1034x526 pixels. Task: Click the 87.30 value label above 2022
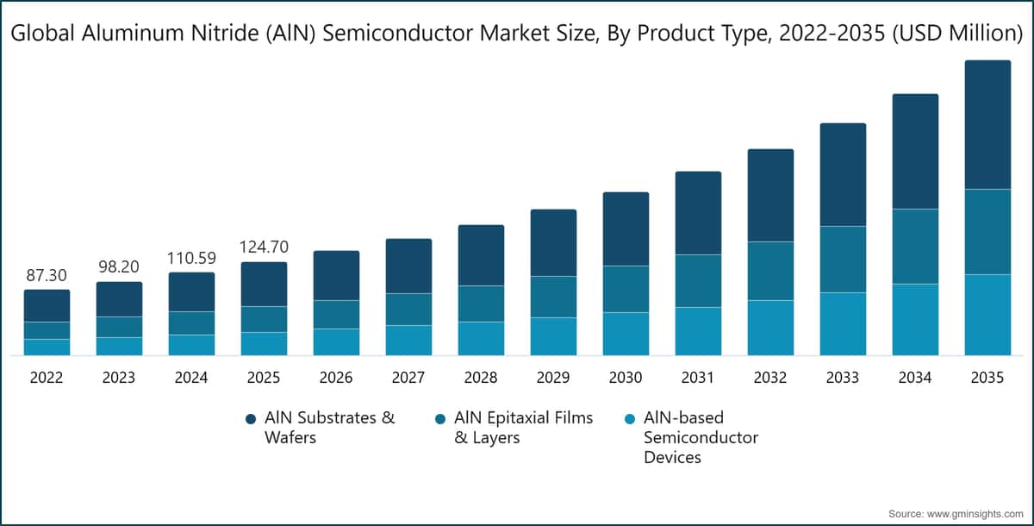pyautogui.click(x=47, y=275)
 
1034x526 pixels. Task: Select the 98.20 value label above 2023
pyautogui.click(x=119, y=266)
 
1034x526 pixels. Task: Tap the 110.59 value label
pyautogui.click(x=191, y=257)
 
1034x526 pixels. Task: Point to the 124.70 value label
pyautogui.click(x=264, y=247)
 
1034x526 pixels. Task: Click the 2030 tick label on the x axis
pyautogui.click(x=626, y=378)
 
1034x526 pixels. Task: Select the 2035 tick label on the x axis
pyautogui.click(x=987, y=378)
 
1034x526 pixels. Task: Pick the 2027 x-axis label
pyautogui.click(x=408, y=378)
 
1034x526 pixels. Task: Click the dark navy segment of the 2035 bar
pyautogui.click(x=987, y=125)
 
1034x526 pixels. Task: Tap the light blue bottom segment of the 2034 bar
pyautogui.click(x=915, y=319)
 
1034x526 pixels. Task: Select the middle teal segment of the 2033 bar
pyautogui.click(x=843, y=259)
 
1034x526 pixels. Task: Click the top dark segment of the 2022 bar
pyautogui.click(x=47, y=305)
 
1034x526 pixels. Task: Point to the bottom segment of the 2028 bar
pyautogui.click(x=481, y=338)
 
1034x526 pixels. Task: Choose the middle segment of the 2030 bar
pyautogui.click(x=626, y=289)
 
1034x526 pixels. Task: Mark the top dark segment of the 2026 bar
pyautogui.click(x=336, y=275)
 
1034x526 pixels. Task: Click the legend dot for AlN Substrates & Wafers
pyautogui.click(x=251, y=418)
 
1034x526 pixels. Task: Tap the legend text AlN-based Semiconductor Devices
pyautogui.click(x=701, y=437)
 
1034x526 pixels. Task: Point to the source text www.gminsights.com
pyautogui.click(x=972, y=514)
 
